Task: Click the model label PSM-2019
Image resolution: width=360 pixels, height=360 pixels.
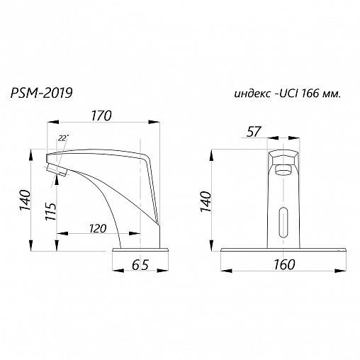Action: [x=41, y=93]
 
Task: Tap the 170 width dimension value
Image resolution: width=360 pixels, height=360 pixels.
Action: [x=101, y=116]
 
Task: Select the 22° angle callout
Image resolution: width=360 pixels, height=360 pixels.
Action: [x=63, y=138]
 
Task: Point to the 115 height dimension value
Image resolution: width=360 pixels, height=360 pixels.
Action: [x=51, y=211]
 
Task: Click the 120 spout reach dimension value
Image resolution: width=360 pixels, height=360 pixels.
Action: [x=98, y=229]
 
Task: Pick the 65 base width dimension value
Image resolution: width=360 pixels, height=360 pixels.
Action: [x=140, y=265]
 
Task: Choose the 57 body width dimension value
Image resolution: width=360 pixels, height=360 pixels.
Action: [x=254, y=132]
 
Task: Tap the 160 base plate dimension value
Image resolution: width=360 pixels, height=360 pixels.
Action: [x=284, y=264]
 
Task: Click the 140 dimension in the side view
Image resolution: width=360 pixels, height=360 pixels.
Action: [x=25, y=200]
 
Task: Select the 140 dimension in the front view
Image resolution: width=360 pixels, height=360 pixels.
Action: [x=206, y=202]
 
